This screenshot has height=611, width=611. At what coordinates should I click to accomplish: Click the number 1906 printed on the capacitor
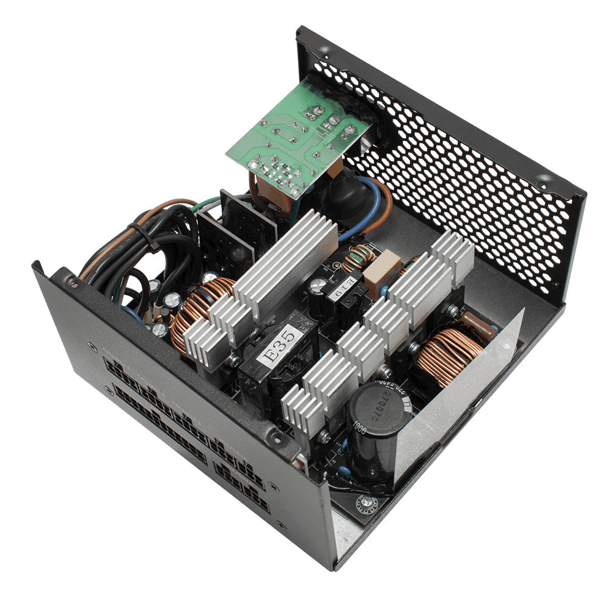[360, 428]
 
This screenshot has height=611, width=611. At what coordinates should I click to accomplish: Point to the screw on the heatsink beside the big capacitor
[324, 436]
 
